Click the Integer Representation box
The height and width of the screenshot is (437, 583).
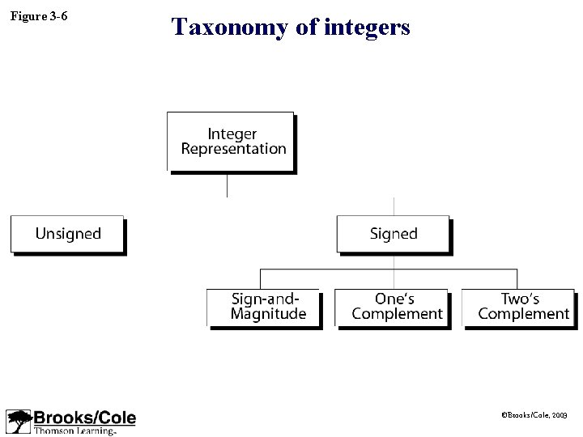pyautogui.click(x=231, y=142)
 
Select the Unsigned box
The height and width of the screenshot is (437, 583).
pyautogui.click(x=67, y=234)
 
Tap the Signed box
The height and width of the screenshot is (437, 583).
pyautogui.click(x=393, y=234)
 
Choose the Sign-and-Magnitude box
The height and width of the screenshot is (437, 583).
pyautogui.click(x=264, y=308)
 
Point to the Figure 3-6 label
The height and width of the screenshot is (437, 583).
pyautogui.click(x=39, y=15)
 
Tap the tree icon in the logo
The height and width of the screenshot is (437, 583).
pyautogui.click(x=18, y=422)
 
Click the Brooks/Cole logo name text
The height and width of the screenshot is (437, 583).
pyautogui.click(x=84, y=418)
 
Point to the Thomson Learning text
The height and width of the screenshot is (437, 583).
pyautogui.click(x=74, y=431)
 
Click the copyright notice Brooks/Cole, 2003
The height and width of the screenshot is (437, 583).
pyautogui.click(x=534, y=414)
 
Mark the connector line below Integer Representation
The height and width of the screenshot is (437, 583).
pyautogui.click(x=227, y=185)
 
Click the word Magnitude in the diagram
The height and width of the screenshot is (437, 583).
pyautogui.click(x=268, y=314)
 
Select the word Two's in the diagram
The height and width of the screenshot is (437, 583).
pyautogui.click(x=520, y=299)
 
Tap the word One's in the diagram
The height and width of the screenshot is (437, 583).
pyautogui.click(x=395, y=299)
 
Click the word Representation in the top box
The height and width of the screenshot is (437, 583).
pyautogui.click(x=234, y=149)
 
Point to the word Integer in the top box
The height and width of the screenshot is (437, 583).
pyautogui.click(x=232, y=134)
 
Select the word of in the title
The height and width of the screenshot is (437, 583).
pyautogui.click(x=306, y=28)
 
